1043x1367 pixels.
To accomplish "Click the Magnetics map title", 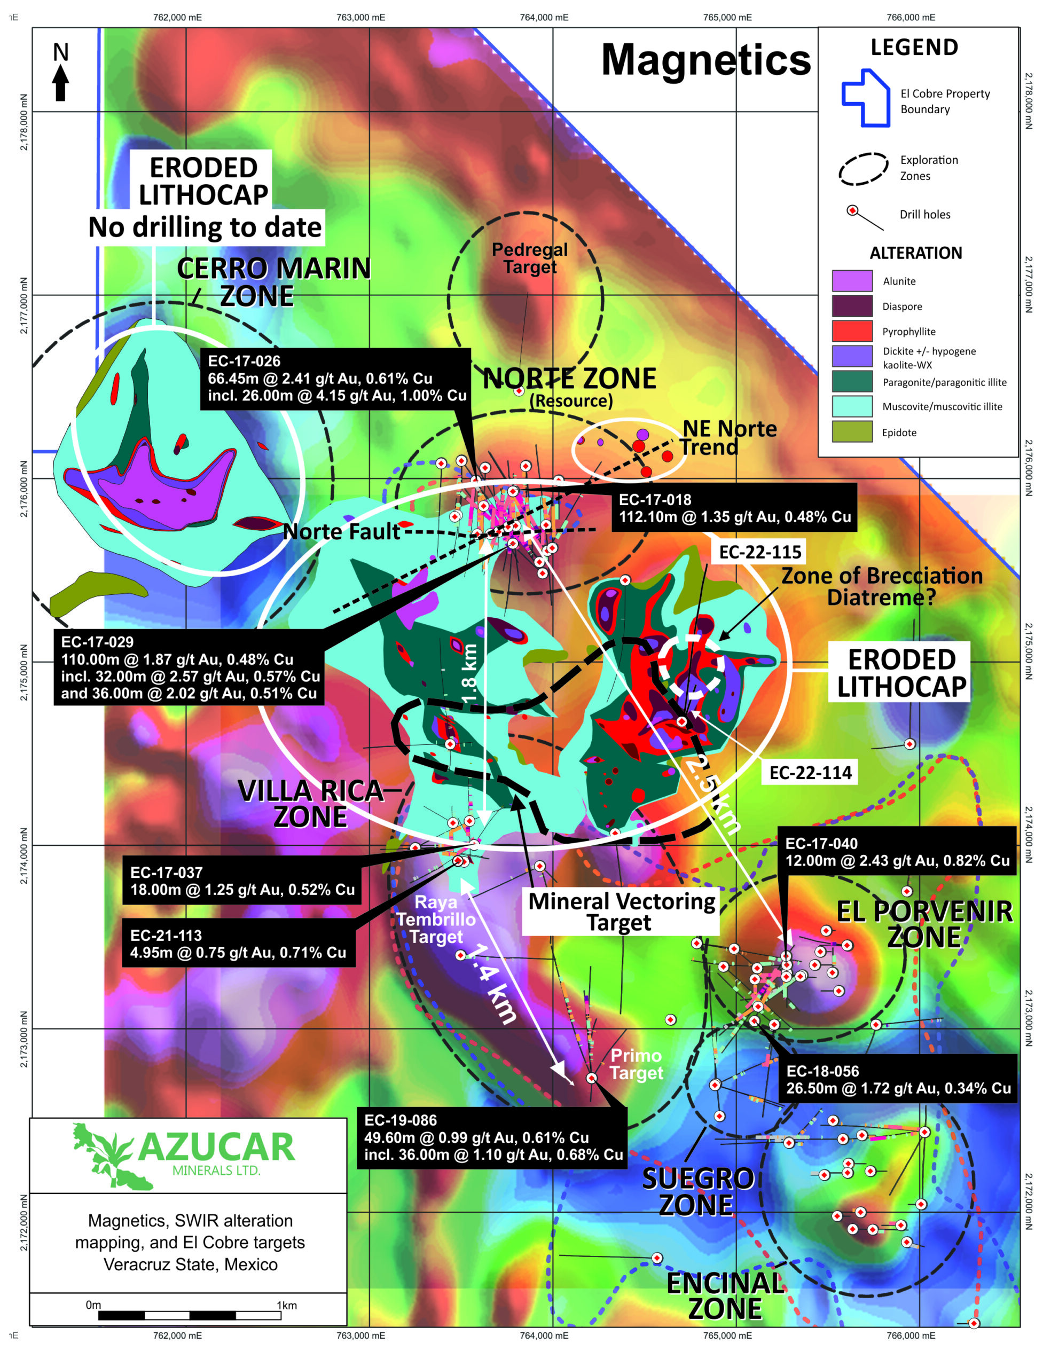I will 706,60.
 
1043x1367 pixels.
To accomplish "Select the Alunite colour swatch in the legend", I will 852,280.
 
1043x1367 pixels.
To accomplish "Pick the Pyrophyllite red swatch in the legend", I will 852,331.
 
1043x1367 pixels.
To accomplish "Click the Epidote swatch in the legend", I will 852,432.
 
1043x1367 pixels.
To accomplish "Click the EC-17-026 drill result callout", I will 336,378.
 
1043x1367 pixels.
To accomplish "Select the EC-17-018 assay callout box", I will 734,508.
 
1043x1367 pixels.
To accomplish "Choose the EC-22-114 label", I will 810,773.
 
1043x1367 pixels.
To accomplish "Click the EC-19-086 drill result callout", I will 492,1137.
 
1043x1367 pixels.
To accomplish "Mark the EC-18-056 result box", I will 898,1080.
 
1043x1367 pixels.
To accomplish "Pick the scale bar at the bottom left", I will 190,1315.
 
